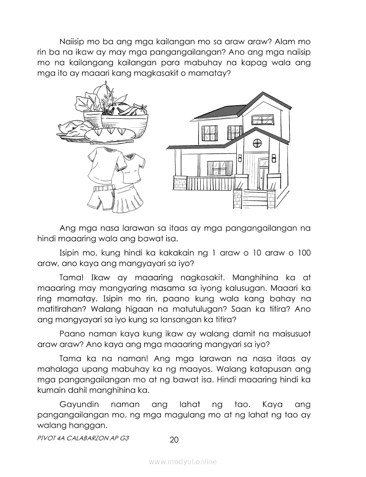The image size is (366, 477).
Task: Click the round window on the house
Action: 257,143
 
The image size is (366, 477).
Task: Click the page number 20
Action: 174,440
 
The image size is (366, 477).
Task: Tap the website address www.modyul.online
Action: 183,462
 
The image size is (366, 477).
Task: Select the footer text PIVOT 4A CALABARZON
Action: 80,438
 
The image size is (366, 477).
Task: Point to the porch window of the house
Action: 216,168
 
